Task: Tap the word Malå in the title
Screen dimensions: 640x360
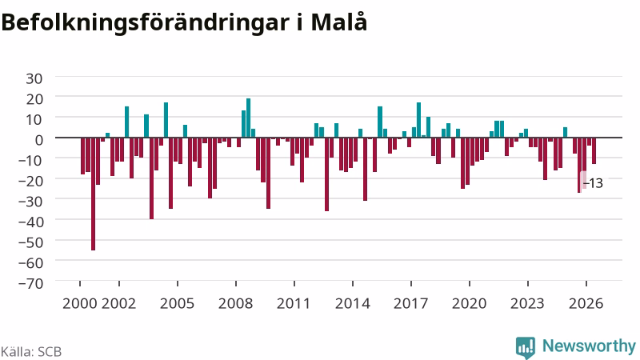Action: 338,22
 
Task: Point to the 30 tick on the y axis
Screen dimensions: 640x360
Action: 34,78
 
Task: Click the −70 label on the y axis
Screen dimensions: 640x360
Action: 30,283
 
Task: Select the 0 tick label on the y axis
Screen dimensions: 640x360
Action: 38,139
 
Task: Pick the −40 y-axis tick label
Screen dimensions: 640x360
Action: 30,222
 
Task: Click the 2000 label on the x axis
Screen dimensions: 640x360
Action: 79,303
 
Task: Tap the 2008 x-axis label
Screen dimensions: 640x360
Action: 235,303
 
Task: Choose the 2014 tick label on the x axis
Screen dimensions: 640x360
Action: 353,303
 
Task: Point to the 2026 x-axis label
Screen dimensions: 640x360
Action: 586,303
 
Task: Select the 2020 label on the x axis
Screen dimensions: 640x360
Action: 470,303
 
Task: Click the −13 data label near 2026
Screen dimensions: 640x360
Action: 593,183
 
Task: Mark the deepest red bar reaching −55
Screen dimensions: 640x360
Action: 93,194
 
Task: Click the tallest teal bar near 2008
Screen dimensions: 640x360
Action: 248,118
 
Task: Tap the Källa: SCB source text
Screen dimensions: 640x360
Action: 31,351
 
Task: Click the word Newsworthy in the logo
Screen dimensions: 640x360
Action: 589,346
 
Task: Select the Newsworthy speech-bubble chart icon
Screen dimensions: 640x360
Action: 526,347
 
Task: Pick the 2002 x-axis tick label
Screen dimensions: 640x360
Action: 118,303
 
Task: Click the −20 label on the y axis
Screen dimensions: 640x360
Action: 30,181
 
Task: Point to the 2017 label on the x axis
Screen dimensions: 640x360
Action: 411,303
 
